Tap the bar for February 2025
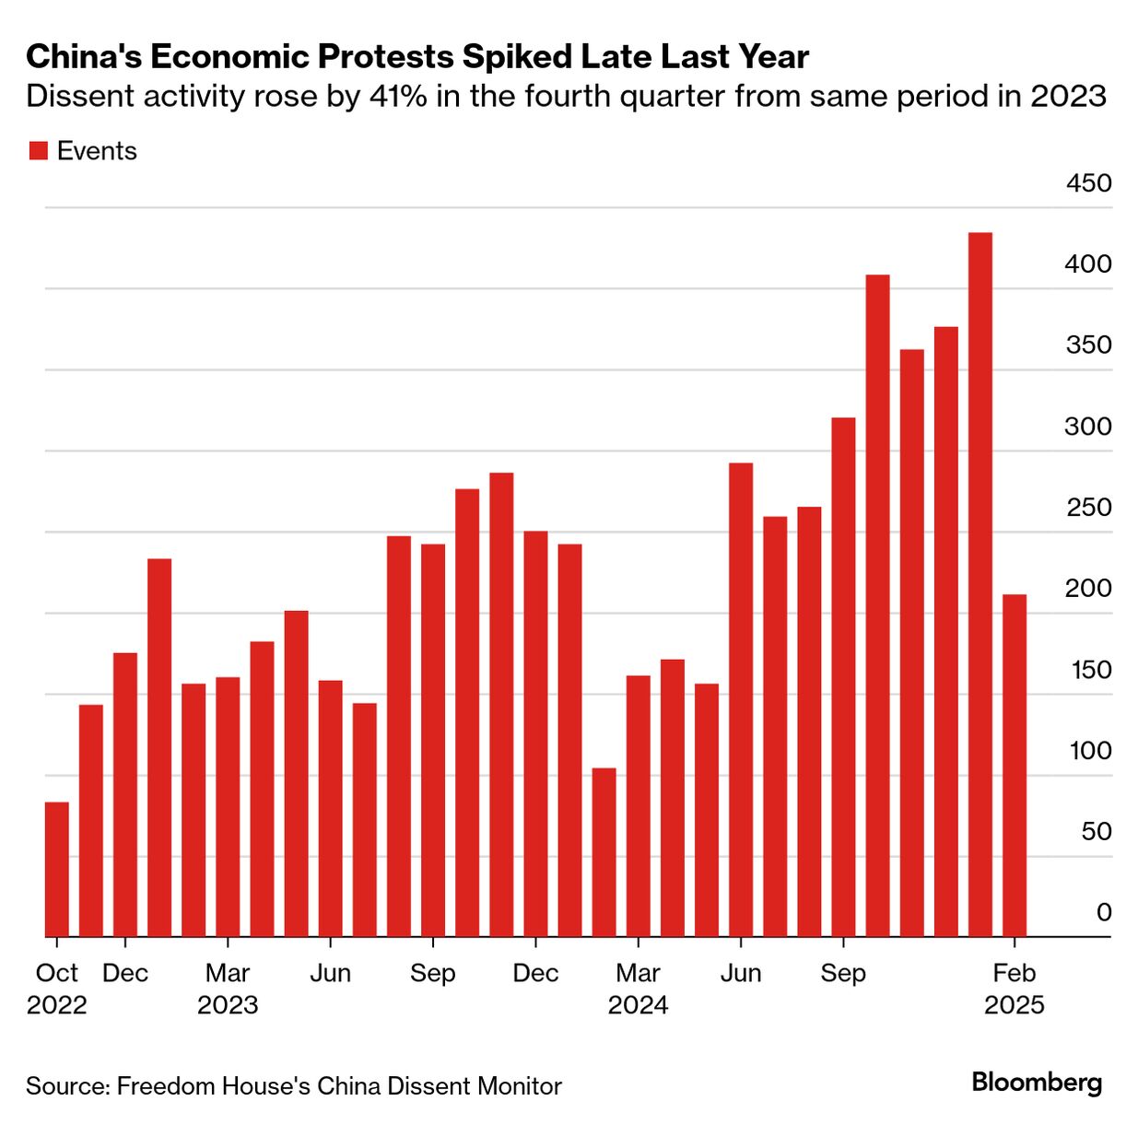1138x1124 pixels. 1015,765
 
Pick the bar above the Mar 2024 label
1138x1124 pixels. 639,806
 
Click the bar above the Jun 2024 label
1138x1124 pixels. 741,699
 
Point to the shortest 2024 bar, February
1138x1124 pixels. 604,852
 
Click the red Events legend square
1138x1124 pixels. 38,151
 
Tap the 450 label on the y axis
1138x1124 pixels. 1089,183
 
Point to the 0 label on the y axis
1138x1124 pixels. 1104,912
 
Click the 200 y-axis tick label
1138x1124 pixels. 1089,588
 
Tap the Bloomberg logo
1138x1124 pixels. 1037,1082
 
